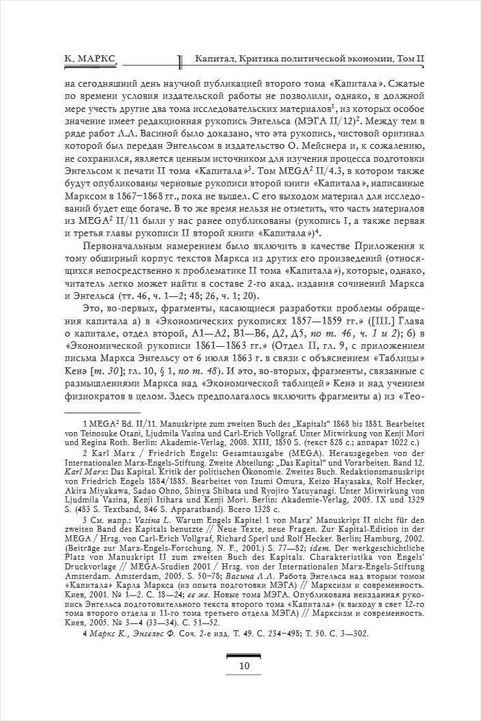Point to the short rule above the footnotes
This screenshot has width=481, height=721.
pyautogui.click(x=102, y=412)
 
